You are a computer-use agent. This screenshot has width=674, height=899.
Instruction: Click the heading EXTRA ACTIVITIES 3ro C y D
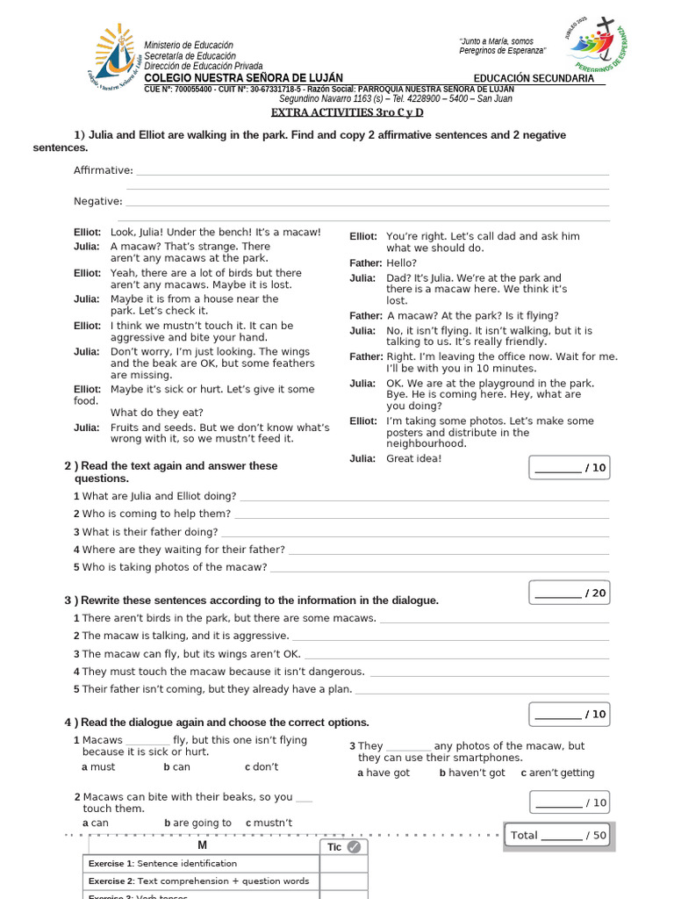(347, 112)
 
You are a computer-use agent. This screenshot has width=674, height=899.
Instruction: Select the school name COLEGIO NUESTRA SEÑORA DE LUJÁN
(244, 78)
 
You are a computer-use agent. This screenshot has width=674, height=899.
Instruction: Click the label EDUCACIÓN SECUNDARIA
(534, 78)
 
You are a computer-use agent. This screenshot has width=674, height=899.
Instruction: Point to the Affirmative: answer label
(104, 170)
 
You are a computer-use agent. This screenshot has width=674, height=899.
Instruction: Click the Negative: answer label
(98, 201)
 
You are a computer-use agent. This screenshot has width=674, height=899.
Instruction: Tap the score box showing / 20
(570, 593)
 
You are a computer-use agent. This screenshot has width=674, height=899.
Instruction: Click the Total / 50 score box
(558, 835)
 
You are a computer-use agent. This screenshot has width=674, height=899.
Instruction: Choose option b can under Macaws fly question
(177, 766)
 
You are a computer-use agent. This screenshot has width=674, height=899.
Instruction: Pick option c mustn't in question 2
(269, 823)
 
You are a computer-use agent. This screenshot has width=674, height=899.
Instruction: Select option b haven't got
(472, 773)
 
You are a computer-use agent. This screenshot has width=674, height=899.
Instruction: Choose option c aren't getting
(557, 773)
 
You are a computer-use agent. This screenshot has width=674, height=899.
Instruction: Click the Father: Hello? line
(384, 263)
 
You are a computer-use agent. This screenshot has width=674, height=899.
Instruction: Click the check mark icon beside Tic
(354, 847)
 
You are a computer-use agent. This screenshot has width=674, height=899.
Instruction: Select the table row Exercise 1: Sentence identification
(202, 864)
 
